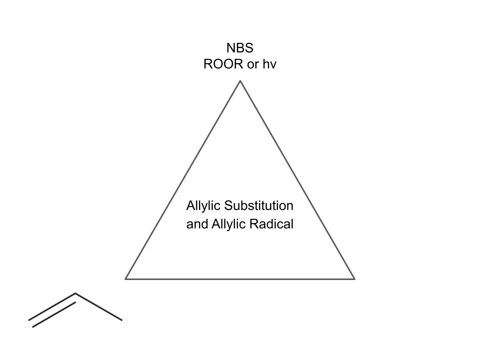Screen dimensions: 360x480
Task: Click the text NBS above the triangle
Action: pos(240,48)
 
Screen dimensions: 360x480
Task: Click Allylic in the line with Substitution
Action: pos(203,206)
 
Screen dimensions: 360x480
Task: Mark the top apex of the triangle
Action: pos(240,81)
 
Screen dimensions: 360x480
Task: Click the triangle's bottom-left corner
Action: pos(125,278)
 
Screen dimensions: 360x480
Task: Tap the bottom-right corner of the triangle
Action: pos(354,278)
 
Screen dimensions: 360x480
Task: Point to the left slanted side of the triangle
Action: pos(182,180)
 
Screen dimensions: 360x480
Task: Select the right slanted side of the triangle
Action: pos(297,180)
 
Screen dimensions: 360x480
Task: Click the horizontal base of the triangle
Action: pos(240,278)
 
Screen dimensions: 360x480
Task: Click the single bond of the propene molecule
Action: pos(99,306)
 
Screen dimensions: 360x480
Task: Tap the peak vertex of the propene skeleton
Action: pos(75,293)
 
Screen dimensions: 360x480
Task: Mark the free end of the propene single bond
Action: pos(122,320)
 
